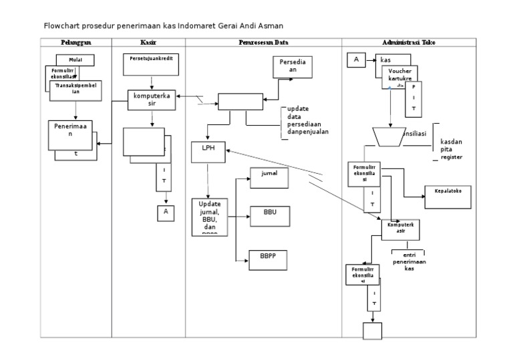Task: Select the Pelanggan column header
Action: coord(75,42)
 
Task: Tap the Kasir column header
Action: coord(148,42)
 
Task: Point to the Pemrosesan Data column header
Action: coord(263,42)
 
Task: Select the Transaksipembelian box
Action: coord(76,90)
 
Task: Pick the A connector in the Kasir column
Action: coord(164,213)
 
